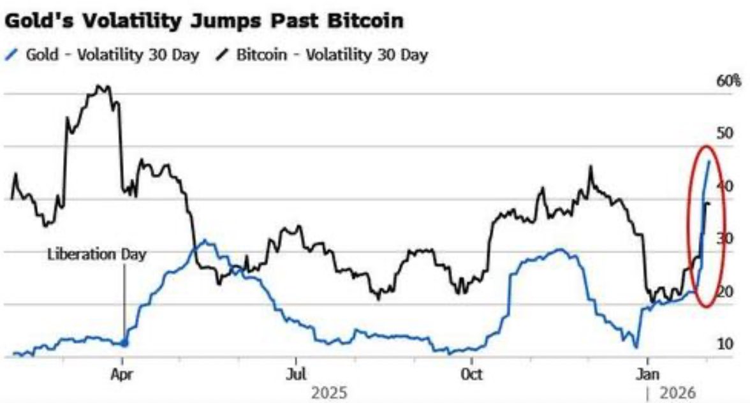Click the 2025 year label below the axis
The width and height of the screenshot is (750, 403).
(x=329, y=392)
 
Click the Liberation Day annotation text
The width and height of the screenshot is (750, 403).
(x=97, y=254)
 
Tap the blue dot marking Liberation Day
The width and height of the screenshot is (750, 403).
(x=124, y=344)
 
